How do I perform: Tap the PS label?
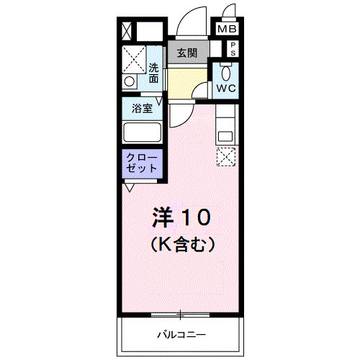pos(234,49)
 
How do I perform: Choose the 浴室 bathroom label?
pos(142,109)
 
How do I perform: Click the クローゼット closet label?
pos(142,161)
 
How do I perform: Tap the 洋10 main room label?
pos(181,215)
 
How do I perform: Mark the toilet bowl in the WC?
pos(225,73)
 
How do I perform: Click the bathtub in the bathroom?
pos(143,132)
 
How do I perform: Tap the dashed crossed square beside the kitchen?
pos(226,156)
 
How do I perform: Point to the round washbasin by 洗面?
pos(130,82)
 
